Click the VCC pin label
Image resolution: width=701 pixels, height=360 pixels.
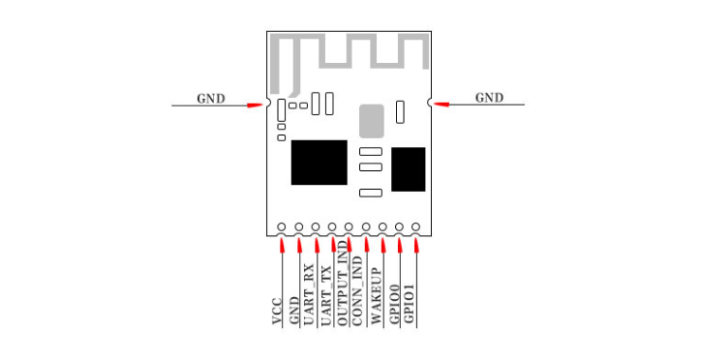pos(277,312)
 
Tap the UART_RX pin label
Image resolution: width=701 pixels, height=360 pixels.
pos(309,295)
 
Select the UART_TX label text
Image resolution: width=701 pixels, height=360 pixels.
pos(326,296)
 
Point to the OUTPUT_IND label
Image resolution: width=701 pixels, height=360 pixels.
pos(342,283)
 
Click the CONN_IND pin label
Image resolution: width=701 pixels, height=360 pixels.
pos(357,290)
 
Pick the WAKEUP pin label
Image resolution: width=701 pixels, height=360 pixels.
pos(377,296)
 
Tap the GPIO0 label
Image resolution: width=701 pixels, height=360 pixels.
pos(394,304)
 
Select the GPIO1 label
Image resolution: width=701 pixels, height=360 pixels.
pos(409,304)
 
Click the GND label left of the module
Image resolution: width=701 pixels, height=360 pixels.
pos(211,99)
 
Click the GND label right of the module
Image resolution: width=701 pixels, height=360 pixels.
pos(489,98)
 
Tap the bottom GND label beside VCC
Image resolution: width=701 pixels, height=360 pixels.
pos(293,312)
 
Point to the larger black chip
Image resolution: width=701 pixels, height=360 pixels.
pos(320,163)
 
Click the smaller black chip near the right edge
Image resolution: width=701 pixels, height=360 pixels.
pos(409,169)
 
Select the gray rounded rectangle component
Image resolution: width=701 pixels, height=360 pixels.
pos(372,121)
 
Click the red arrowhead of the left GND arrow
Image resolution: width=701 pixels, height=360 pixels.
pos(256,105)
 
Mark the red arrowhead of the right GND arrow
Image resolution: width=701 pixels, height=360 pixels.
pos(442,105)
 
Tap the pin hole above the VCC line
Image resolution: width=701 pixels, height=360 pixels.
pos(281,226)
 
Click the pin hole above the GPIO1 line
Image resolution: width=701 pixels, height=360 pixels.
pos(415,226)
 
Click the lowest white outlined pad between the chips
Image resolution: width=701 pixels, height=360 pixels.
pos(371,193)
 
